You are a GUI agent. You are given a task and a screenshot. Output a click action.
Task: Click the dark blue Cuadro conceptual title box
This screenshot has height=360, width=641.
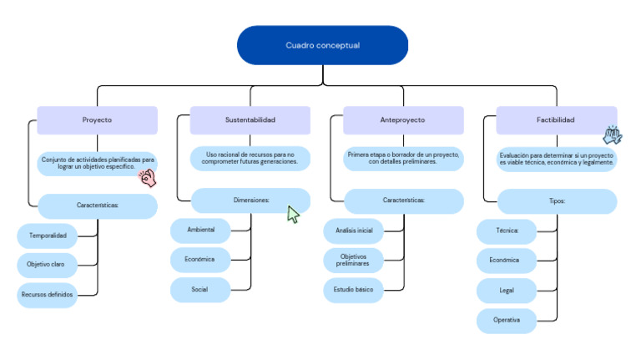(322, 45)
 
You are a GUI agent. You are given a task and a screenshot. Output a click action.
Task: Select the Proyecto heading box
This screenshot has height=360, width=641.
(98, 120)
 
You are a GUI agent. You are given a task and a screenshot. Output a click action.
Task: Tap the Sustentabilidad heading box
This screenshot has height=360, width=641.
(250, 120)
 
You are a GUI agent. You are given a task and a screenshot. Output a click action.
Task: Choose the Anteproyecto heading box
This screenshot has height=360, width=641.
(403, 120)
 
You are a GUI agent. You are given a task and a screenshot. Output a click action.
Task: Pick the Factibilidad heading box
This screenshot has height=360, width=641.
(557, 120)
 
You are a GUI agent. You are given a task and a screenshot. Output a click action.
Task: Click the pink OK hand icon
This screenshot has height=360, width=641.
(148, 178)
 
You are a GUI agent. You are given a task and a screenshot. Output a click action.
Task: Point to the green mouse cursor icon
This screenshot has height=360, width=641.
(293, 215)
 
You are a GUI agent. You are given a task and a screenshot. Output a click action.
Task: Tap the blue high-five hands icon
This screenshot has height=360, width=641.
(613, 135)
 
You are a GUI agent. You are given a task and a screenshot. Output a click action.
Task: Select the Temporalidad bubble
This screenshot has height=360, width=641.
(47, 236)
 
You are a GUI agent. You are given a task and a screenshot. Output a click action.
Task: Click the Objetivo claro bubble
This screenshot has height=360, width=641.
(47, 265)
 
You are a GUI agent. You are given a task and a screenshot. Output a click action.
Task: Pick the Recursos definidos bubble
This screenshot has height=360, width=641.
(47, 295)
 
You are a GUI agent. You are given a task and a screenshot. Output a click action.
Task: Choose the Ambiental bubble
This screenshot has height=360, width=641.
(200, 230)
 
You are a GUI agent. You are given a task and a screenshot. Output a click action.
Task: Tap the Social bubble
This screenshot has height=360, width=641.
(200, 290)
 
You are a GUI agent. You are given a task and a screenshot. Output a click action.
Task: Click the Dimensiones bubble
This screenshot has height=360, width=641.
(250, 200)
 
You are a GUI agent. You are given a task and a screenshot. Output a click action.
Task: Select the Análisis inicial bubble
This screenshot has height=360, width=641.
(354, 231)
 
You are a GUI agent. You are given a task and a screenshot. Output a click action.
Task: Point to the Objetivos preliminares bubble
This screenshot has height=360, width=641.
(354, 260)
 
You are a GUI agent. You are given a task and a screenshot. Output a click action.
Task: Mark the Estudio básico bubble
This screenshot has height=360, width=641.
(354, 290)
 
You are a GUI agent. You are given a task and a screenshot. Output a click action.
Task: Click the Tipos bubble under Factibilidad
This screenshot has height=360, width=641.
(557, 201)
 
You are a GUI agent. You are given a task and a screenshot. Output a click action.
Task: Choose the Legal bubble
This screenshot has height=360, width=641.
(507, 291)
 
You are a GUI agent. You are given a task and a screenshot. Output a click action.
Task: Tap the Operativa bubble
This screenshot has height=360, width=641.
(507, 320)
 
